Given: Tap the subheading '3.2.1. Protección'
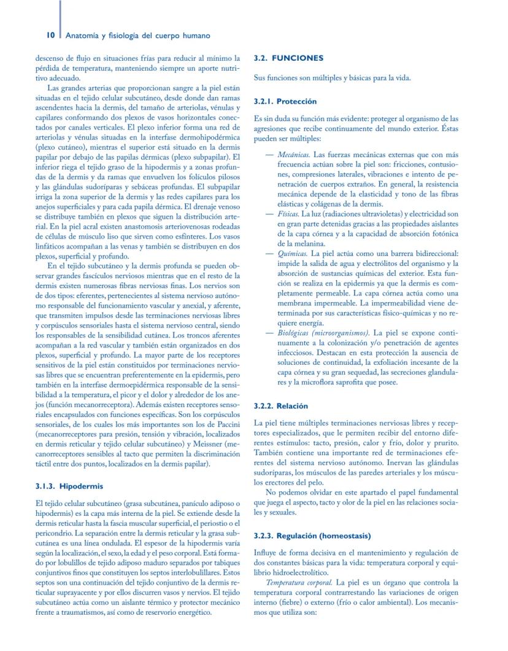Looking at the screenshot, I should pos(285,101).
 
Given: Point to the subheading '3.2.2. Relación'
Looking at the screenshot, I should pos(281,407).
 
